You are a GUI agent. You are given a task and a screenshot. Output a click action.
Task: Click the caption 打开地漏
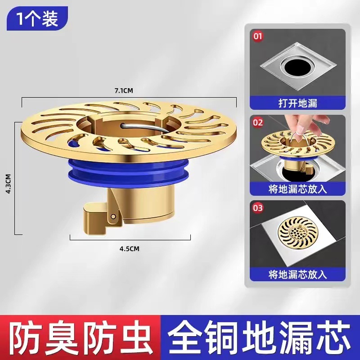pyautogui.click(x=297, y=103)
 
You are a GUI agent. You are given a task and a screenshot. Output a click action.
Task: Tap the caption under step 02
pyautogui.click(x=297, y=188)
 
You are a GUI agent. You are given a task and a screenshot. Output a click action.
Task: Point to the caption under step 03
pyautogui.click(x=297, y=273)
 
